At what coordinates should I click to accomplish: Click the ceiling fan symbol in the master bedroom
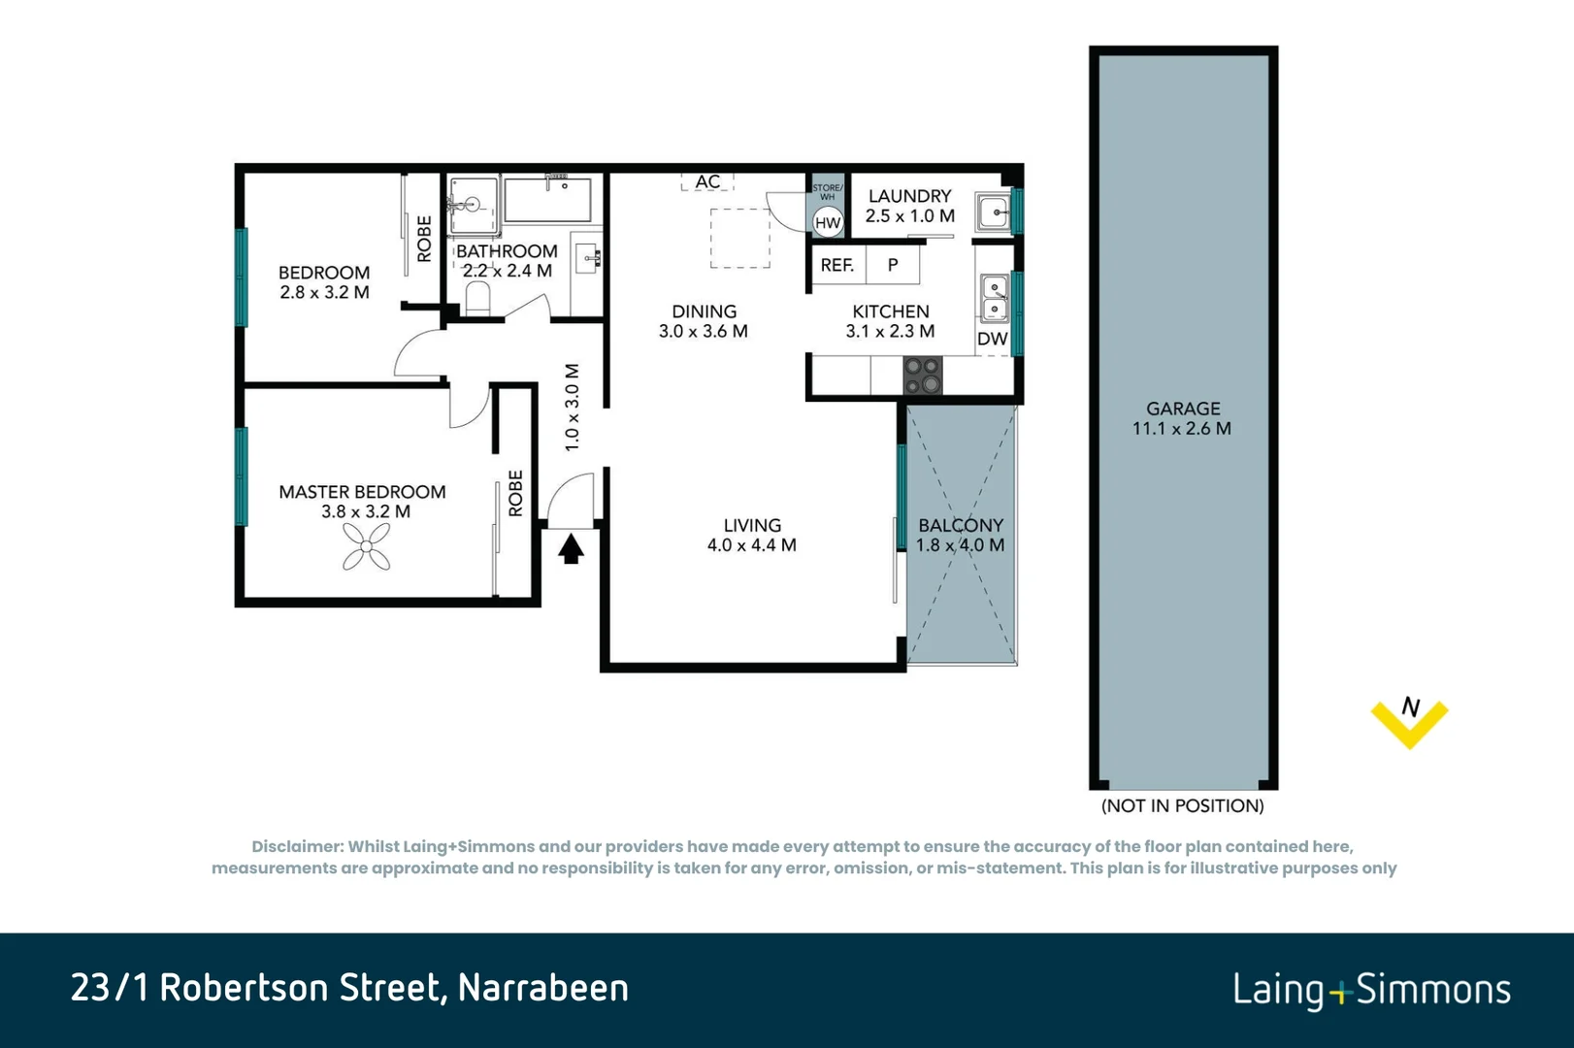pyautogui.click(x=366, y=547)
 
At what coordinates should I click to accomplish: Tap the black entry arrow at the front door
pyautogui.click(x=571, y=549)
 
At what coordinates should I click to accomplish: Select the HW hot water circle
pyautogui.click(x=827, y=223)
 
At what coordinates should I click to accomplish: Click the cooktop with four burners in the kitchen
pyautogui.click(x=922, y=376)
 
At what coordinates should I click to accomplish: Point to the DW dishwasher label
pyautogui.click(x=992, y=339)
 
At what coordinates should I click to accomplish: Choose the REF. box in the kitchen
pyautogui.click(x=837, y=265)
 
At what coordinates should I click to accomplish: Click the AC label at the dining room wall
pyautogui.click(x=707, y=181)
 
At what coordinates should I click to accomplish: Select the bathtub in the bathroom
pyautogui.click(x=547, y=200)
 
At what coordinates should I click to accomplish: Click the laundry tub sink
pyautogui.click(x=993, y=212)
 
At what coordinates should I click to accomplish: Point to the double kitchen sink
pyautogui.click(x=994, y=298)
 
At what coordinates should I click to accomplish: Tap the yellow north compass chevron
pyautogui.click(x=1409, y=723)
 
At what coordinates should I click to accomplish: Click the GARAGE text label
pyautogui.click(x=1182, y=409)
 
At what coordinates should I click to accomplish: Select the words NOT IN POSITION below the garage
pyautogui.click(x=1182, y=805)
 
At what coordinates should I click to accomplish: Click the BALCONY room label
pyautogui.click(x=961, y=525)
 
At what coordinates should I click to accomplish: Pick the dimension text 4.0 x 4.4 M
pyautogui.click(x=751, y=545)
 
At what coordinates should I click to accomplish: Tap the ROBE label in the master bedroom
pyautogui.click(x=515, y=493)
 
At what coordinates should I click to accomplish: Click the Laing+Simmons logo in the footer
pyautogui.click(x=1371, y=990)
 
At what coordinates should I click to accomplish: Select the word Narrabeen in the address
pyautogui.click(x=542, y=988)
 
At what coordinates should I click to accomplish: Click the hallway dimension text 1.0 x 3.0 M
pyautogui.click(x=572, y=408)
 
